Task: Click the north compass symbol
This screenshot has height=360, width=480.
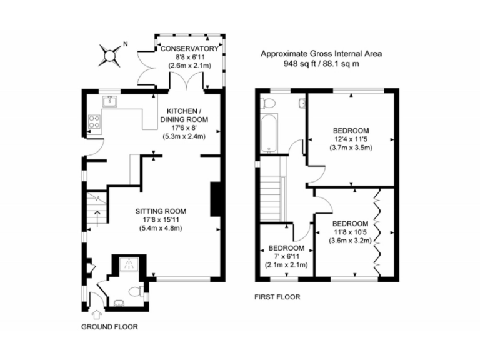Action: [111, 54]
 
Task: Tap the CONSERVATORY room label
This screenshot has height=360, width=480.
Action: [189, 49]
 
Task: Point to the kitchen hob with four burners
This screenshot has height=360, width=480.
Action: [96, 121]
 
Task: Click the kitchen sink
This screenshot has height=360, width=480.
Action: [110, 100]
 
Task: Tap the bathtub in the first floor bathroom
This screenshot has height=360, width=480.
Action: [269, 132]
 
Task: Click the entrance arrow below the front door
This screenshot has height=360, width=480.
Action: [97, 314]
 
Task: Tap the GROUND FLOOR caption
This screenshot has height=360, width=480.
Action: [110, 327]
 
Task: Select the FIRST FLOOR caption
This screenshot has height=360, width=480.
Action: [277, 297]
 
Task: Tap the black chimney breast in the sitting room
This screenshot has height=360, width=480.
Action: [215, 199]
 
